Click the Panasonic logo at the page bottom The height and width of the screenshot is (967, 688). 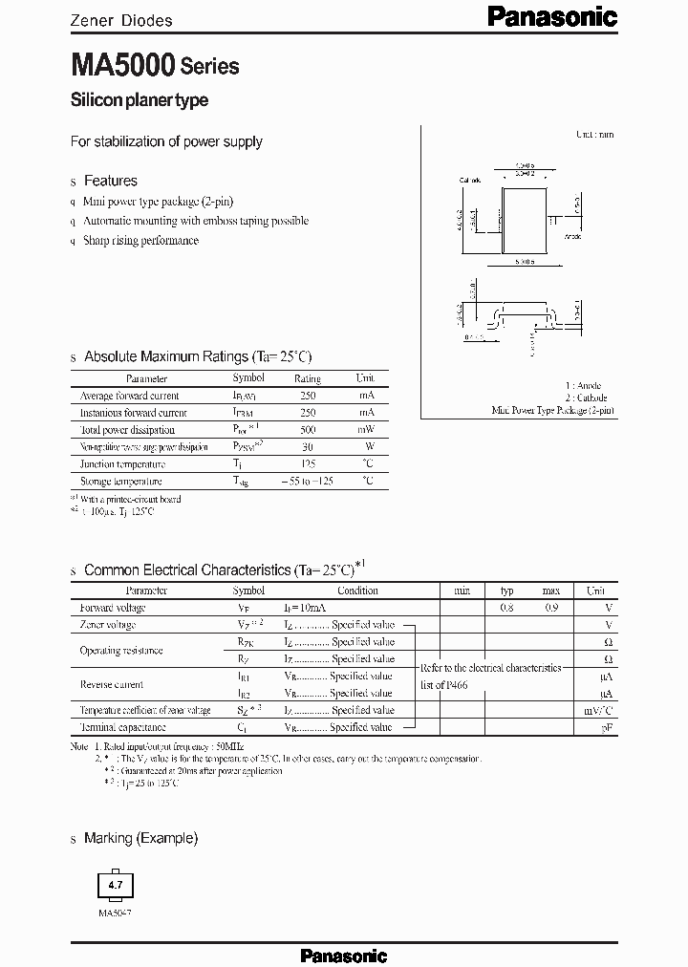[x=344, y=955]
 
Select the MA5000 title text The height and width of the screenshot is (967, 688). [x=121, y=66]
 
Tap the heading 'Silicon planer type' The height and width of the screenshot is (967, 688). [x=140, y=100]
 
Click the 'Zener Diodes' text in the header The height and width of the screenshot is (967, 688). [x=122, y=19]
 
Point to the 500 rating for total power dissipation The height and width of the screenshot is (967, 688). [x=308, y=430]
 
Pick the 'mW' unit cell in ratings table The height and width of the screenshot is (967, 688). [x=366, y=430]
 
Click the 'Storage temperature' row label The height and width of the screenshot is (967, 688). [x=121, y=482]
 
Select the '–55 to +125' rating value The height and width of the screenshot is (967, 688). [x=308, y=482]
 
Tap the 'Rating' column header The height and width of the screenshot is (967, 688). [x=308, y=378]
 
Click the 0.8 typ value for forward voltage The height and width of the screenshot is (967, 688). [x=506, y=608]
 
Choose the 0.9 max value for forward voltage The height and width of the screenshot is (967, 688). [x=551, y=608]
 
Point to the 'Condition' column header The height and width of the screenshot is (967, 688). [x=358, y=591]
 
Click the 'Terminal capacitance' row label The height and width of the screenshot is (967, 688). [x=125, y=727]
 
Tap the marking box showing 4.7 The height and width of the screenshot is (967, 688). [x=116, y=887]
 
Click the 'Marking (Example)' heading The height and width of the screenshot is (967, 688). [x=140, y=838]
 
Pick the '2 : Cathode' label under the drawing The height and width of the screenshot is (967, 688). [x=585, y=398]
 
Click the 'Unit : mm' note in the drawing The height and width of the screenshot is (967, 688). [x=594, y=135]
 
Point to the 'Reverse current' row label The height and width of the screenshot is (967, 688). [x=112, y=684]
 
